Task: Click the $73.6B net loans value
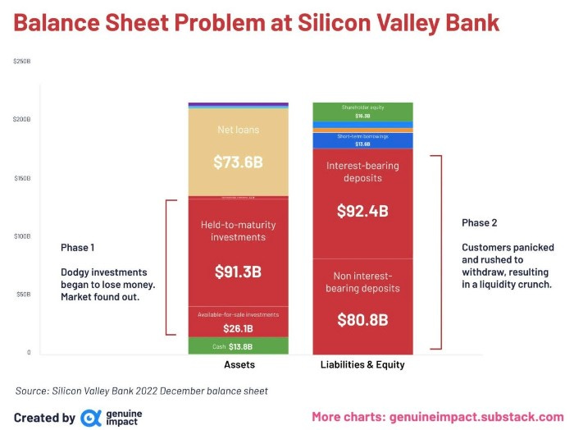(238, 162)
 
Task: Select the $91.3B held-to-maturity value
(238, 272)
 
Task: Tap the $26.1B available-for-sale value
(238, 327)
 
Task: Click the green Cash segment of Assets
(238, 346)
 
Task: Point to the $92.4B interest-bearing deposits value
(362, 211)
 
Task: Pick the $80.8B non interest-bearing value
(362, 319)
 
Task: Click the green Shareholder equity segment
(362, 111)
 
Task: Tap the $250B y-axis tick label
(21, 62)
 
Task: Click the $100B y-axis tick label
(21, 236)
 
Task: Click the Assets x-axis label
(238, 364)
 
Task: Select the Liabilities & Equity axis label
(362, 364)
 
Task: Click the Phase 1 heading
(78, 247)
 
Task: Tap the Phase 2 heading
(480, 222)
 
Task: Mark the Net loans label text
(238, 130)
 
